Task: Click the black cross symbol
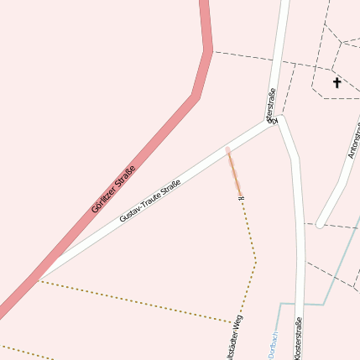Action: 337,82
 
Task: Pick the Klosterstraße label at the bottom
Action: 298,340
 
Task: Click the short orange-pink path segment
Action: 233,170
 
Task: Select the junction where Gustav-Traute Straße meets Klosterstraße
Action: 278,119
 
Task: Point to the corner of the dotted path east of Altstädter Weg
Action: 255,262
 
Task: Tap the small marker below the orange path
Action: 241,198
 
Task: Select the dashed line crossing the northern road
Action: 278,61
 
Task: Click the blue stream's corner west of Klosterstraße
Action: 279,304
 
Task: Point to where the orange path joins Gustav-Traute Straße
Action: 227,149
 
